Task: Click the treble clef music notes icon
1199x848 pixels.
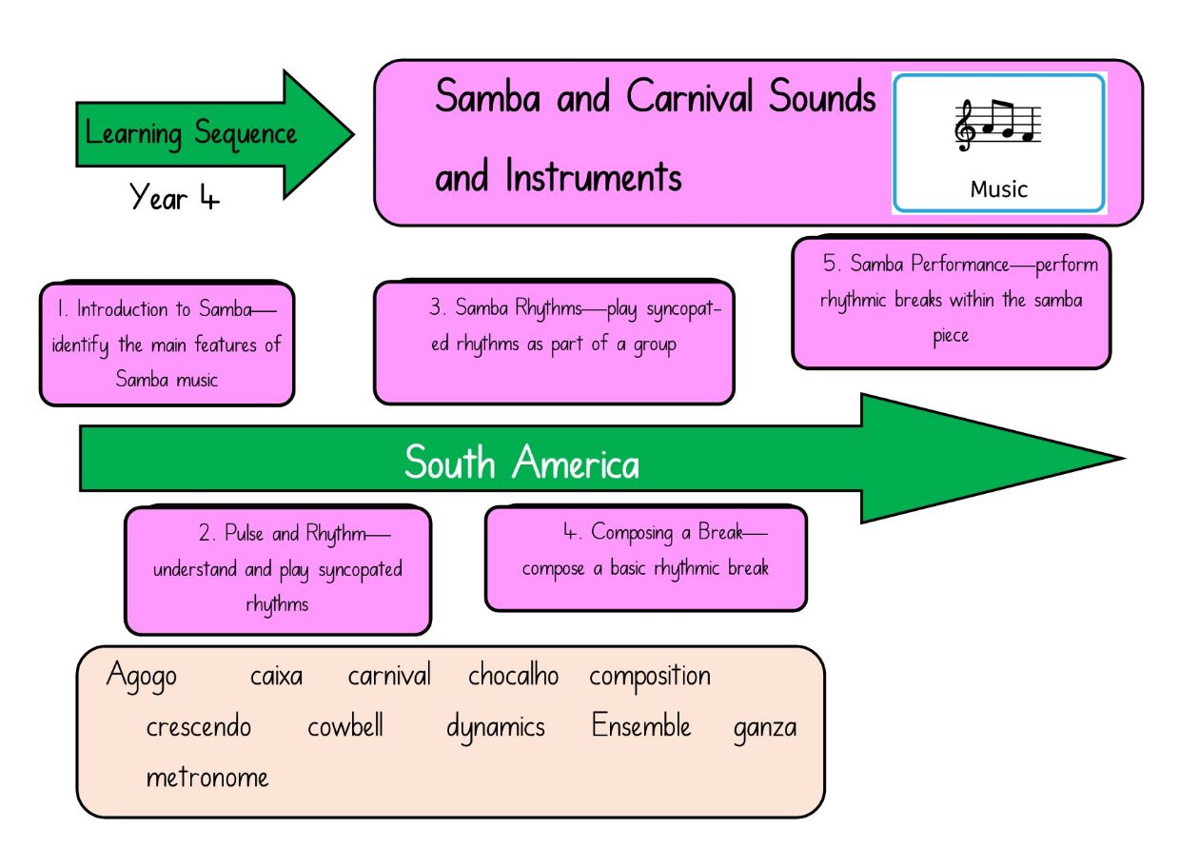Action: click(997, 126)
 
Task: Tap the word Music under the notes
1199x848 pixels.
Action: click(999, 189)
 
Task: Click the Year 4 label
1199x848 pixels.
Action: click(174, 196)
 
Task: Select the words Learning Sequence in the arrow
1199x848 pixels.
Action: click(190, 133)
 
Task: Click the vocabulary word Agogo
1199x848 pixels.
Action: click(141, 676)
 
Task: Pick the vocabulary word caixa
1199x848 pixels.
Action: click(276, 676)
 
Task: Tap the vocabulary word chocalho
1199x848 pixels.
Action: click(513, 676)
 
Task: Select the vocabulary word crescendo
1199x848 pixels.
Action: click(199, 726)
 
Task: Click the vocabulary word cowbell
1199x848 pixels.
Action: click(345, 726)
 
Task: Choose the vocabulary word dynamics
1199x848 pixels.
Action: click(496, 728)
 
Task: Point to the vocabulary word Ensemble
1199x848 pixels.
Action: click(641, 725)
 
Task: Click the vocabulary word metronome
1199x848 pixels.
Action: click(207, 778)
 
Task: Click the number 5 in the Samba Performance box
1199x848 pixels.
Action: click(829, 263)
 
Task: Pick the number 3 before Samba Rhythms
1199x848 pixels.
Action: click(435, 306)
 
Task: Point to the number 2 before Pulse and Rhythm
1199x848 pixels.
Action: click(205, 533)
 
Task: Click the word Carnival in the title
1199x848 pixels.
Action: click(690, 96)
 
